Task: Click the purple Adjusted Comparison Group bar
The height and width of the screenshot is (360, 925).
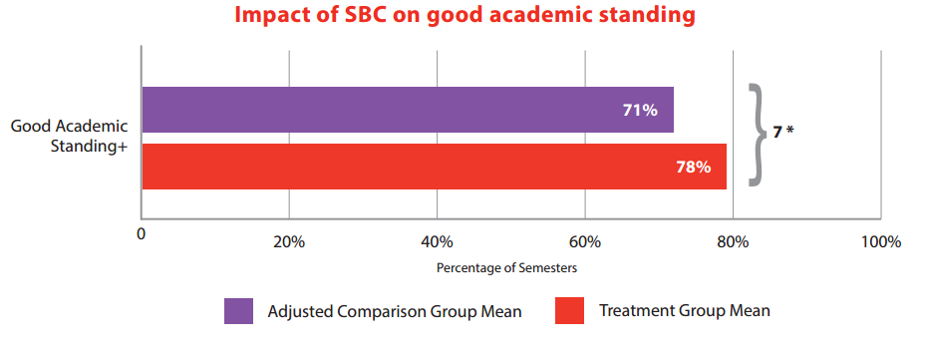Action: click(x=407, y=110)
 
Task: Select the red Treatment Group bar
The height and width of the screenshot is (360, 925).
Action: click(x=434, y=167)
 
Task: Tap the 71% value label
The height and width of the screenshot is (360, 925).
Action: click(x=641, y=110)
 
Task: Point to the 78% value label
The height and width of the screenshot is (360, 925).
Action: click(x=693, y=167)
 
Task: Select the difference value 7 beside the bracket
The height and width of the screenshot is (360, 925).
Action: click(x=777, y=131)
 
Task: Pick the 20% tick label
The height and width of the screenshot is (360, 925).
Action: click(x=288, y=242)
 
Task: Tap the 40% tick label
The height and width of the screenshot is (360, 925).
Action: click(x=437, y=242)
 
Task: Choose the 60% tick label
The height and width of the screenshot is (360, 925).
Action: click(x=584, y=242)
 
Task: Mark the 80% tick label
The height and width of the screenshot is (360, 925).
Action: click(x=733, y=242)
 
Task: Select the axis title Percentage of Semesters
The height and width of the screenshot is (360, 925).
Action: click(x=506, y=268)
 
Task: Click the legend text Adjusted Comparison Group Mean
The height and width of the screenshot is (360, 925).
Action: click(x=395, y=311)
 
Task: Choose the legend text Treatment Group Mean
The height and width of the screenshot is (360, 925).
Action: click(x=685, y=311)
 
